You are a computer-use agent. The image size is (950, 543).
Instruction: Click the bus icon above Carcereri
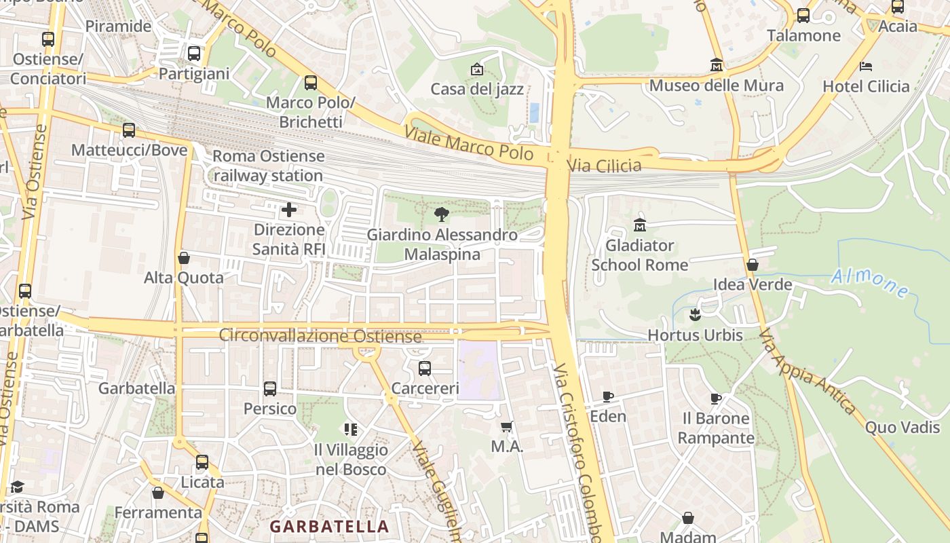[x=424, y=369]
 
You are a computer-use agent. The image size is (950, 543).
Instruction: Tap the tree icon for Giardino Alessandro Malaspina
[x=442, y=215]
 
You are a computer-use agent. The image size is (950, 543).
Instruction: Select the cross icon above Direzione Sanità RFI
[x=289, y=210]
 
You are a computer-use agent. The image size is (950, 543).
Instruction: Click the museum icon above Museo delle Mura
[x=716, y=65]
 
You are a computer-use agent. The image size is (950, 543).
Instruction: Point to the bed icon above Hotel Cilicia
[x=866, y=67]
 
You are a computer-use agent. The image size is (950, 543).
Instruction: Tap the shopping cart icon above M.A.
[x=506, y=427]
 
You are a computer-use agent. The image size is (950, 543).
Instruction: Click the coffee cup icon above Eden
[x=608, y=396]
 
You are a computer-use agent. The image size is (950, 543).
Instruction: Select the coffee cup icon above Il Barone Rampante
[x=715, y=398]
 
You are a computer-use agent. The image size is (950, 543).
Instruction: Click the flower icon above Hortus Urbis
[x=694, y=314]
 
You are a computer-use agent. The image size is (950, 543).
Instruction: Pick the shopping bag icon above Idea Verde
[x=752, y=265]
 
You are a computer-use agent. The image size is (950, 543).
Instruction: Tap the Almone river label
[x=870, y=283]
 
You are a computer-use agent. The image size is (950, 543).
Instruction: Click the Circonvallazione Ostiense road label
[x=320, y=336]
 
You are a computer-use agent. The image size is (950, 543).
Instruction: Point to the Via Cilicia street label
[x=604, y=166]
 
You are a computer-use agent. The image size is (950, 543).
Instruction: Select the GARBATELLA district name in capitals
[x=329, y=527]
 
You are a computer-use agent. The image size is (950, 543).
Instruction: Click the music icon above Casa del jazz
[x=477, y=69]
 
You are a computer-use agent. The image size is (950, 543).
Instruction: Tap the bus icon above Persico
[x=269, y=389]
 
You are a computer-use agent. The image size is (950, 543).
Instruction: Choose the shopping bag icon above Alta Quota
[x=183, y=258]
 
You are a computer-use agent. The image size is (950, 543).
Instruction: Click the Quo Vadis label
[x=902, y=427]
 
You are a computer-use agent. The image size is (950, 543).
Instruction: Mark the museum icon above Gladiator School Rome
[x=639, y=225]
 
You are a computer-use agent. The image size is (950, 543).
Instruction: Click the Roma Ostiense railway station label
[x=268, y=166]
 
